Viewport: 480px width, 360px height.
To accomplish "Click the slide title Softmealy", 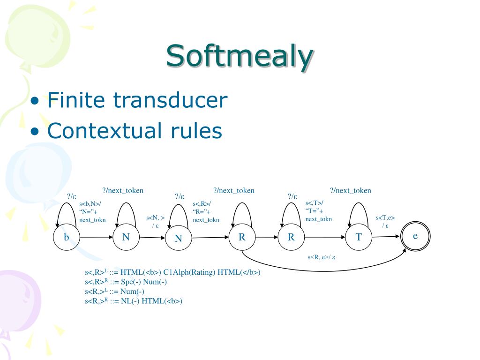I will [239, 56].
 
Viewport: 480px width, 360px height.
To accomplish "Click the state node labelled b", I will [67, 238].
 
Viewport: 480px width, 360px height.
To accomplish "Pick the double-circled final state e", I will [415, 237].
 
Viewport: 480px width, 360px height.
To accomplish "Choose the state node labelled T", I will [359, 237].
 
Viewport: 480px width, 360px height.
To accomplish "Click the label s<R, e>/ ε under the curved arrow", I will [321, 257].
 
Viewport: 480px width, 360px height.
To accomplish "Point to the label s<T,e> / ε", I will [385, 221].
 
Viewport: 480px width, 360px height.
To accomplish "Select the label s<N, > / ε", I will [155, 221].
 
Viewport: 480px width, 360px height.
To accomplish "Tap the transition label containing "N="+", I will [92, 212].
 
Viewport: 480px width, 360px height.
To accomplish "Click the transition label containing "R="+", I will [206, 212].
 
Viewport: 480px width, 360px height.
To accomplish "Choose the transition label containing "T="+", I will [318, 211].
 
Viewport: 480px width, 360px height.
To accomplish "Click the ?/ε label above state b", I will [72, 196].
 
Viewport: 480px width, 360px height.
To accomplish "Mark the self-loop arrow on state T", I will [359, 211].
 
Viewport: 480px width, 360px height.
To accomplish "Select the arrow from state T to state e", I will [387, 237].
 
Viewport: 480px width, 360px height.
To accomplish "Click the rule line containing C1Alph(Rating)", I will [172, 272].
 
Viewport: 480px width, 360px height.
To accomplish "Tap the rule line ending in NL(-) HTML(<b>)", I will [133, 301].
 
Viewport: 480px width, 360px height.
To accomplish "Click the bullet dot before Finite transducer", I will [35, 102].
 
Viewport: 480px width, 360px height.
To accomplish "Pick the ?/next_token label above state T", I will [350, 190].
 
